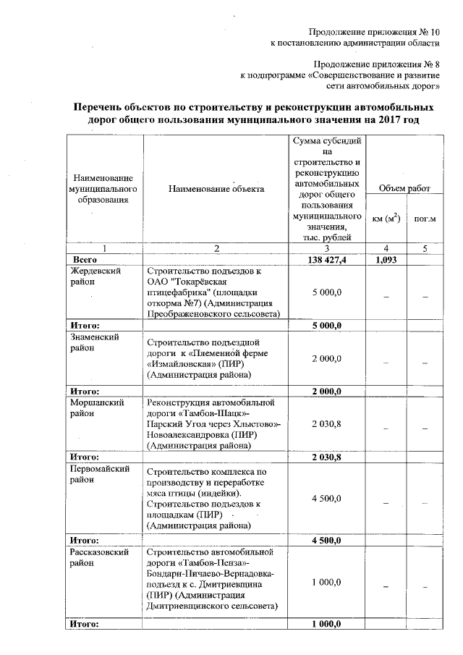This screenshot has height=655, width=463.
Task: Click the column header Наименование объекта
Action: pyautogui.click(x=216, y=189)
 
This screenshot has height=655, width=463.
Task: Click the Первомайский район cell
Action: pyautogui.click(x=100, y=473)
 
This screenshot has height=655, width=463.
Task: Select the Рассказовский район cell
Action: pyautogui.click(x=100, y=557)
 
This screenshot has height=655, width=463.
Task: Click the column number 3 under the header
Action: pyautogui.click(x=327, y=248)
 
